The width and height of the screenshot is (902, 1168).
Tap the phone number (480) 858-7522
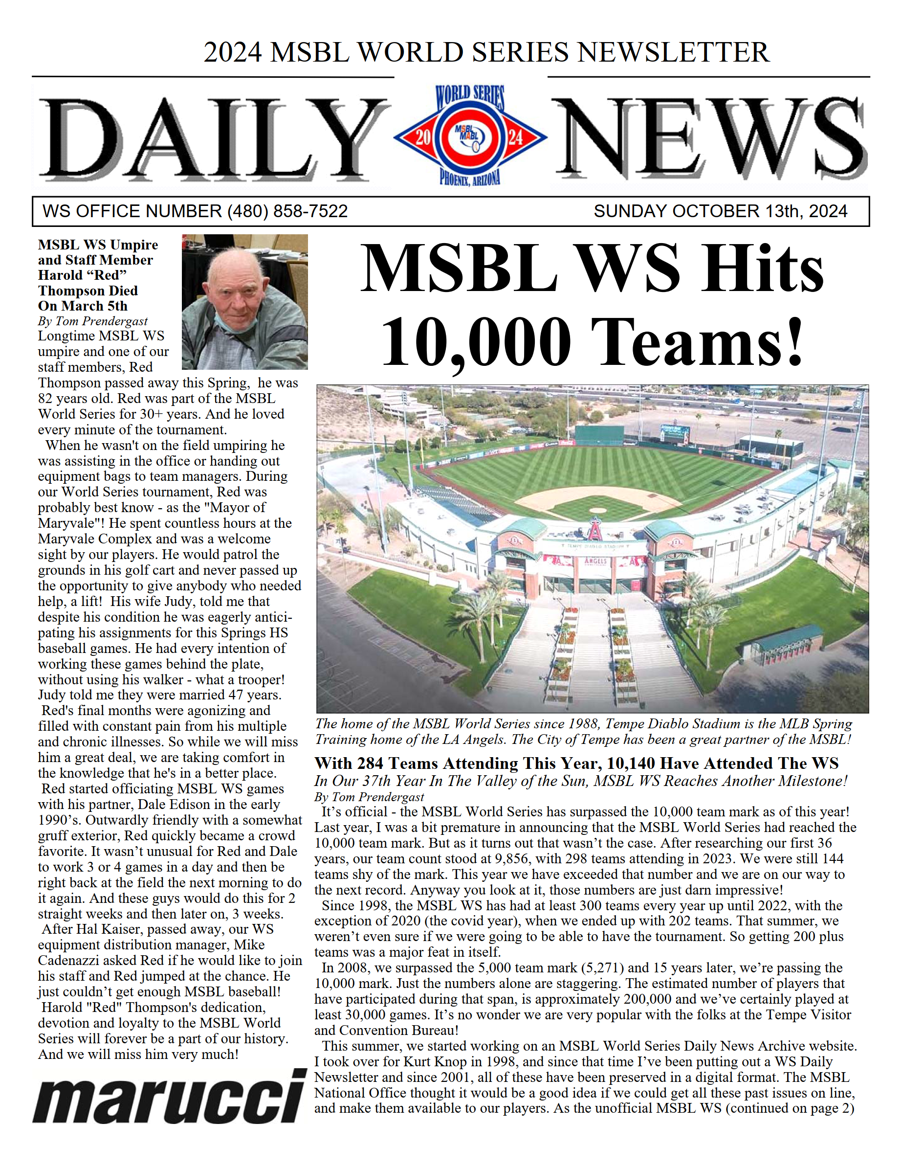287,211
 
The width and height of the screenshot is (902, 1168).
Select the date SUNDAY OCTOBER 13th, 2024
720,211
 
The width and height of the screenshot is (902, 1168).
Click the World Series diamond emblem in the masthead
470,137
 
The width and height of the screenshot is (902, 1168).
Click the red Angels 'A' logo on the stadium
594,529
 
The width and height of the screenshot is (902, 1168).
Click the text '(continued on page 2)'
790,1109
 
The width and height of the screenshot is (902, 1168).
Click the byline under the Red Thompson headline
92,321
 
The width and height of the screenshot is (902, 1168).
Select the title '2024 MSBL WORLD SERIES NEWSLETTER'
486,52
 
